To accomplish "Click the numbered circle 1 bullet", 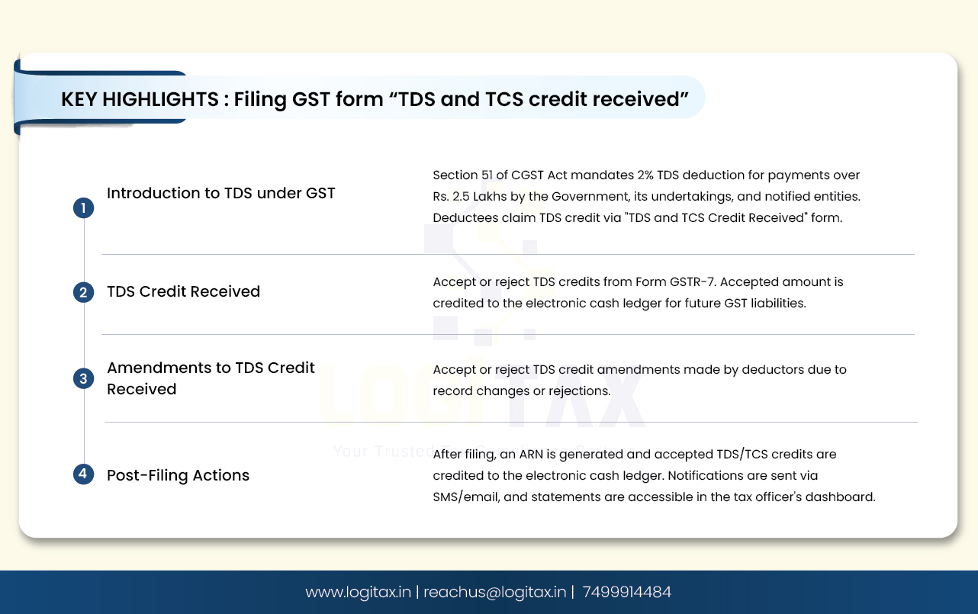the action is click(x=83, y=208).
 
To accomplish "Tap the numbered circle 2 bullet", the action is click(x=83, y=292).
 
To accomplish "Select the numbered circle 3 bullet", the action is click(x=83, y=378).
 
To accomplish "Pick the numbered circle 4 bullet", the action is click(x=83, y=474).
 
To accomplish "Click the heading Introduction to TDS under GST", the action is click(x=221, y=193).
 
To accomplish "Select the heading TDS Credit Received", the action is click(x=183, y=291).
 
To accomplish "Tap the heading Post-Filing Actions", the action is click(x=179, y=475).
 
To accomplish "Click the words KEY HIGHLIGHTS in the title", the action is click(x=140, y=99).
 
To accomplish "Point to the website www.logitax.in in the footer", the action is click(x=358, y=592).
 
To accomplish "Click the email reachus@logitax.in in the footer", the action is click(x=494, y=592).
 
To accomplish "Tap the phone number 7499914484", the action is click(x=626, y=592).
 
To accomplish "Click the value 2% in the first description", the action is click(x=645, y=175).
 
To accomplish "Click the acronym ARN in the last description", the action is click(x=531, y=455).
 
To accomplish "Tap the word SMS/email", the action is click(x=466, y=497).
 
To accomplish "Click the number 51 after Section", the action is click(x=487, y=175).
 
